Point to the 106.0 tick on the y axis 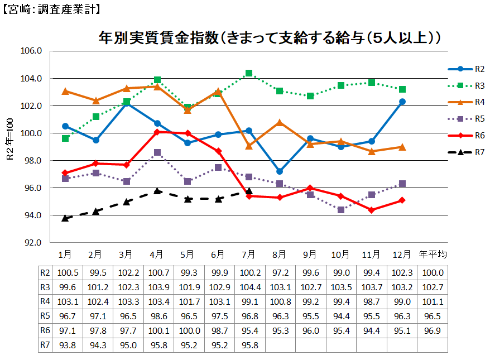tap(32, 51)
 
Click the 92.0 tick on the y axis tap(32, 243)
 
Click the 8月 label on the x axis tap(280, 255)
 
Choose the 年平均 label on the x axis tap(433, 255)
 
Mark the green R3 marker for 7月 tap(249, 73)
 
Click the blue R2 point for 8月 tap(280, 171)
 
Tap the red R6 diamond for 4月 tap(157, 132)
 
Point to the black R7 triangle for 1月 tap(65, 218)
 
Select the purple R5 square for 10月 tap(341, 210)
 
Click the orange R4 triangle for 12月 tap(402, 147)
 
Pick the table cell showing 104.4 tap(249, 287)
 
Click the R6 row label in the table tap(45, 330)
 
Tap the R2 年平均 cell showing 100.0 tap(433, 272)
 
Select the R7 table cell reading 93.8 tap(65, 345)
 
